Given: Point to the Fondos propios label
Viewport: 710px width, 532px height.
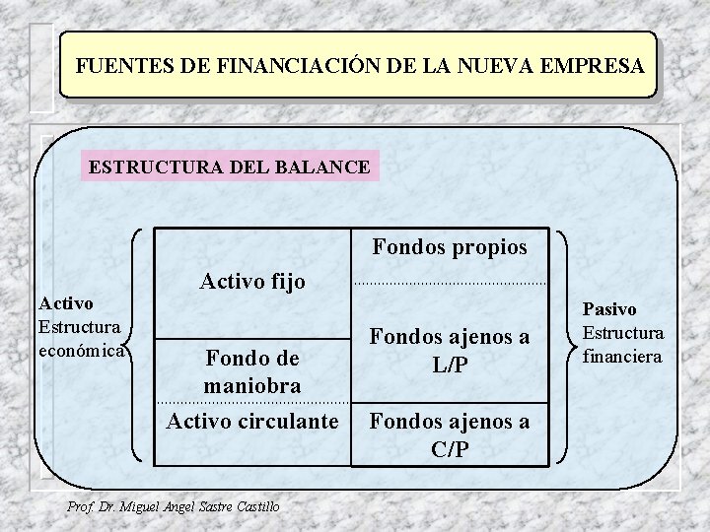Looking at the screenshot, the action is pyautogui.click(x=450, y=246).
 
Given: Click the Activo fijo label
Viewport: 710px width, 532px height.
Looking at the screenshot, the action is pyautogui.click(x=252, y=283).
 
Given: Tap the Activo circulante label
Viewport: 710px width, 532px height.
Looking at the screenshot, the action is pyautogui.click(x=252, y=422).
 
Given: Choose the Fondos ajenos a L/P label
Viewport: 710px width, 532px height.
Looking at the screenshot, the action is pyautogui.click(x=450, y=351).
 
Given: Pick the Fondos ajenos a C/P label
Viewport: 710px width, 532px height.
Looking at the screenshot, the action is pyautogui.click(x=450, y=434).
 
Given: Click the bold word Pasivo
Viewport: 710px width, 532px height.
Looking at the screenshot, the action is pyautogui.click(x=609, y=309).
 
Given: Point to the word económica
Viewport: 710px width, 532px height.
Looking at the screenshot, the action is pyautogui.click(x=78, y=349).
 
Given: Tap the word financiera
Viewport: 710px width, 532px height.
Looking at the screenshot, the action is pyautogui.click(x=623, y=355).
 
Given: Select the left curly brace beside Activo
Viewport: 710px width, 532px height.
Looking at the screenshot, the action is pyautogui.click(x=137, y=345).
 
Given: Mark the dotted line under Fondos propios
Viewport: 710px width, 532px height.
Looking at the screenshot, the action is pyautogui.click(x=450, y=285).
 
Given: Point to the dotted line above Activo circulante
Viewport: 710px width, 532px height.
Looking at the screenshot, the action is pyautogui.click(x=252, y=403).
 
